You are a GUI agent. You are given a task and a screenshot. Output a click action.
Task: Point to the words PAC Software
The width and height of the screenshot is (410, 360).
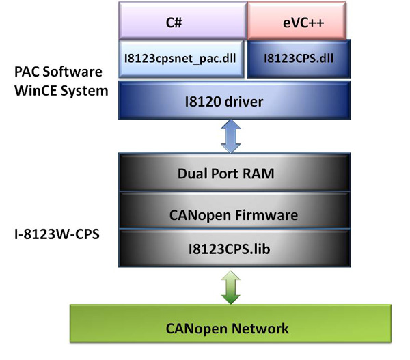tap(59, 71)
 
